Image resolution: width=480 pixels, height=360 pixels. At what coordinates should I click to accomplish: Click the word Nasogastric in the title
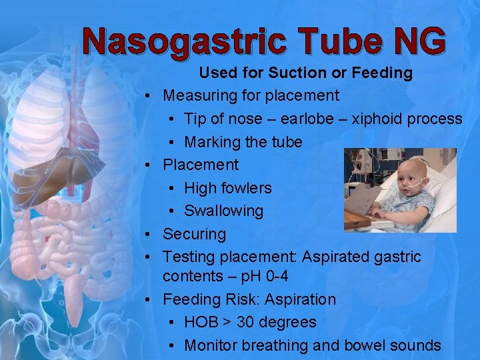tap(182, 42)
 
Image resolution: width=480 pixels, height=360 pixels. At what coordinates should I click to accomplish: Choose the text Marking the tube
tap(243, 142)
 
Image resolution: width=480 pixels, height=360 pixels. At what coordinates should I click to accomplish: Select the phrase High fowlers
tap(228, 188)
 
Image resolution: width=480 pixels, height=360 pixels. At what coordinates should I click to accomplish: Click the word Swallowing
tap(224, 211)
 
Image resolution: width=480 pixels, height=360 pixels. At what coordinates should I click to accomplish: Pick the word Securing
tap(195, 234)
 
